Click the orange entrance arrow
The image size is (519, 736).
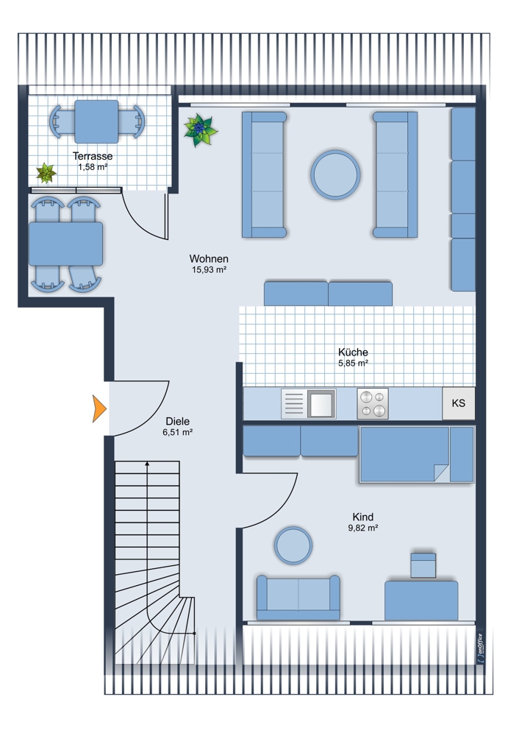click(99, 408)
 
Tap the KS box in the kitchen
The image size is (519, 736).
click(459, 403)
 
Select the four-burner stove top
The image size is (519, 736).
click(373, 403)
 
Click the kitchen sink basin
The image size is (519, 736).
click(322, 404)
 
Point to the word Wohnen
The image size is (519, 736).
click(209, 258)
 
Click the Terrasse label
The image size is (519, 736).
click(93, 156)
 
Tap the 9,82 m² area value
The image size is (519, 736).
click(363, 528)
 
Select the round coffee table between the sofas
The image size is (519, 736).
click(335, 174)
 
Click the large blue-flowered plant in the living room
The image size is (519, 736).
click(200, 130)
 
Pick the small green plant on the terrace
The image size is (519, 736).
click(46, 173)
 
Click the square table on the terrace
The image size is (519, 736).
click(96, 121)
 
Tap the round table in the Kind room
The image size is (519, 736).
click(293, 545)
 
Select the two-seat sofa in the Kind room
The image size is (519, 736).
click(298, 598)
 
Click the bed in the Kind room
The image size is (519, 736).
click(417, 454)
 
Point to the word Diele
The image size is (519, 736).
click(178, 422)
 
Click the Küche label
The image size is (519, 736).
click(353, 352)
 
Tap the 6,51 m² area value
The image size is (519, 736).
click(178, 432)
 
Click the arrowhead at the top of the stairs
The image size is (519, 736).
click(147, 464)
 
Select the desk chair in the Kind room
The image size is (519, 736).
click(423, 565)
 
